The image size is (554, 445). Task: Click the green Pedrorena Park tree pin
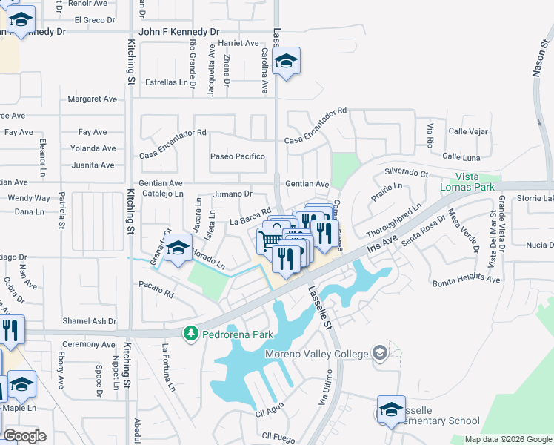coord(192,334)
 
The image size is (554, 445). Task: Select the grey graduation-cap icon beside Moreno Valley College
coord(380,352)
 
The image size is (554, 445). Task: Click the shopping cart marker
coord(270,240)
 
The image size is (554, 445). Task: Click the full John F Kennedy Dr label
coord(179,32)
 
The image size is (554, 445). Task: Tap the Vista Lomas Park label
coord(475,182)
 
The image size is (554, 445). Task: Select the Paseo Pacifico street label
coord(238,156)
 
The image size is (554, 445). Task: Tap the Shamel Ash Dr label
coord(90,321)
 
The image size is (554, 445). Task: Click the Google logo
coord(25,436)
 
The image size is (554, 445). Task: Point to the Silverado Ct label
coord(406,172)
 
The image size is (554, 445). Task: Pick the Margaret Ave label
coord(93,99)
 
